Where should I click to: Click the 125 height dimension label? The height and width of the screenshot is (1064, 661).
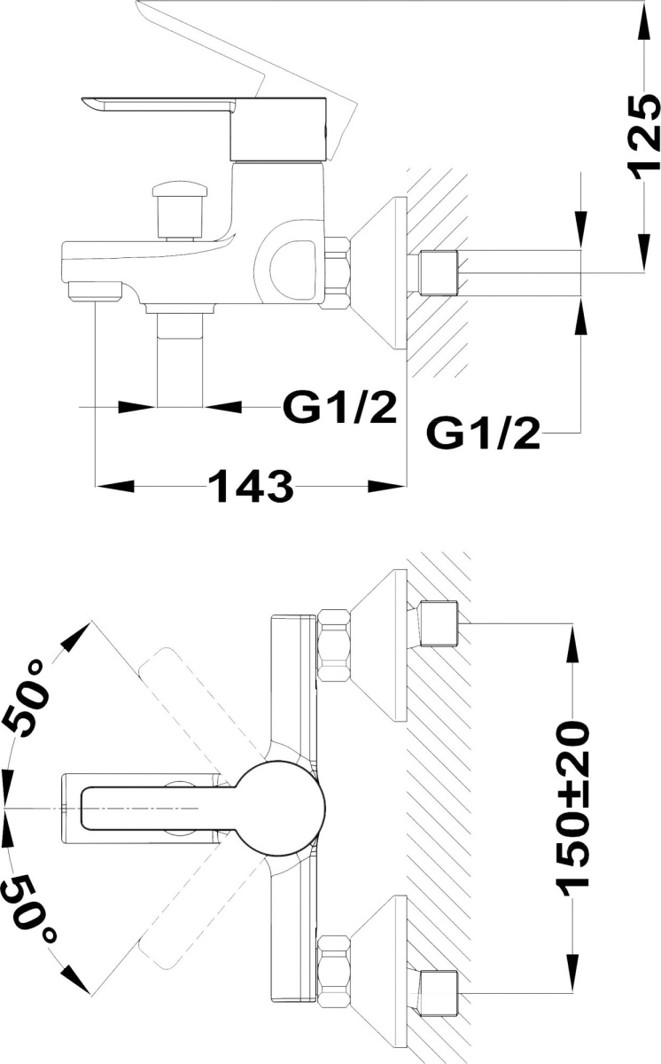click(643, 137)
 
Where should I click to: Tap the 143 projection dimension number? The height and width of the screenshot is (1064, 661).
click(250, 487)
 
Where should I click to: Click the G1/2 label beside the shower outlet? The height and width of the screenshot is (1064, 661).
click(339, 407)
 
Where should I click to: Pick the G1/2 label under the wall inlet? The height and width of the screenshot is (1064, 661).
click(484, 434)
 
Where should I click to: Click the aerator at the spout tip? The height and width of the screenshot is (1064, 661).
click(96, 291)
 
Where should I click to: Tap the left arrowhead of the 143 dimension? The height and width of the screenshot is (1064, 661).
click(115, 487)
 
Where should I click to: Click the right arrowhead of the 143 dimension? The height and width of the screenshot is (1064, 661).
click(387, 487)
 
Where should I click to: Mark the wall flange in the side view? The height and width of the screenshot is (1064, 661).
click(378, 273)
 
